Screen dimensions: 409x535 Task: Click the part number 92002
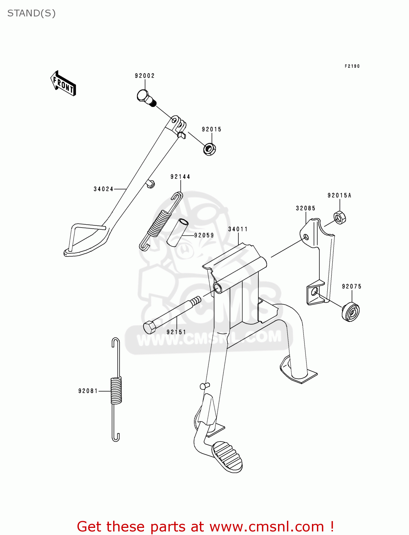tap(145, 76)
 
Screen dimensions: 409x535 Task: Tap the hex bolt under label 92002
tap(146, 98)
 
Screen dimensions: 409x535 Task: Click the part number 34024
tap(103, 189)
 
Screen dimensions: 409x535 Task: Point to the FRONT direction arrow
tap(63, 83)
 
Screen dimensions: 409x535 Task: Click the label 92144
tap(180, 177)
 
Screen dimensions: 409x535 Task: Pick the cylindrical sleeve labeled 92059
tap(177, 233)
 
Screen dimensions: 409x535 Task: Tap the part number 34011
tap(238, 229)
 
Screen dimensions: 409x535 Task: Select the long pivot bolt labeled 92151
tap(172, 315)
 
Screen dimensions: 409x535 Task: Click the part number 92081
tap(88, 391)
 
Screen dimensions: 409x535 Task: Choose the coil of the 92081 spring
tap(116, 391)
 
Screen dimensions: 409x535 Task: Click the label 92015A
tap(339, 195)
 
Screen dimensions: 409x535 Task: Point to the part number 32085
tap(306, 208)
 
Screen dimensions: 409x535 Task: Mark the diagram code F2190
tap(352, 66)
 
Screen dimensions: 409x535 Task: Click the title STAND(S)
tap(31, 14)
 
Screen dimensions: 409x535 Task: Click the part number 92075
tap(352, 286)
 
